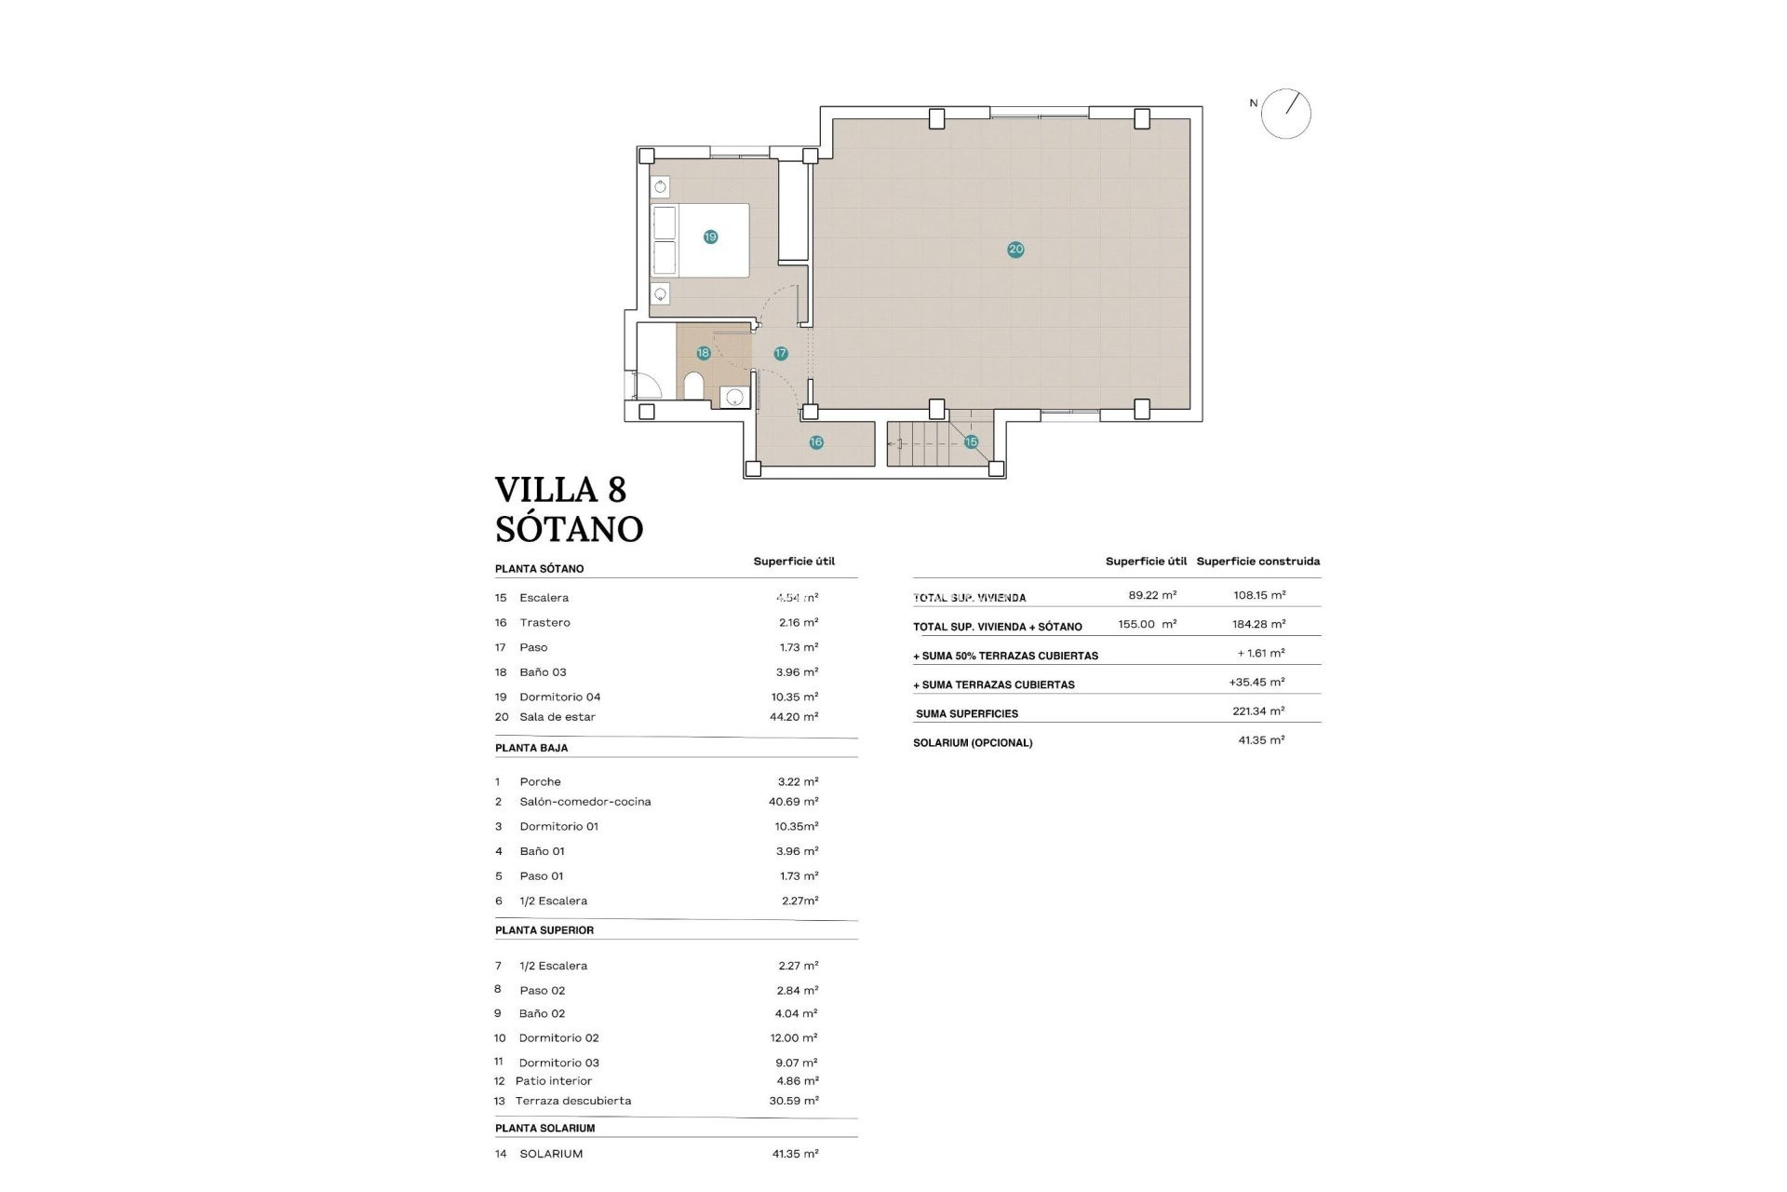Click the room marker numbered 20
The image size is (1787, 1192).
1015,249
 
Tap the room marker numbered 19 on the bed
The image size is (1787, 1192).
710,237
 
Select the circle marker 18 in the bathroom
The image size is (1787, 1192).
703,353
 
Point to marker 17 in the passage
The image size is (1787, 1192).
780,353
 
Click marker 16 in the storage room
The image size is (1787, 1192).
815,442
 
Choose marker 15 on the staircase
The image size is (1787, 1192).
971,441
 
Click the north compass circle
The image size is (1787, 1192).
1286,115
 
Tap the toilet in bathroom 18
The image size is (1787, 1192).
693,386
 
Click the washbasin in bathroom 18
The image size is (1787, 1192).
734,398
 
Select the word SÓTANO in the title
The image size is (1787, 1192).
569,529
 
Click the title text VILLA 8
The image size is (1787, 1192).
560,490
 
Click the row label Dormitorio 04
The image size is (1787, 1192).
559,697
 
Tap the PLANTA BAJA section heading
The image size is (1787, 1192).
531,748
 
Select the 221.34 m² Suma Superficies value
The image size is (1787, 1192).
1258,711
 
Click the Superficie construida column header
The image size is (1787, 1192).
1257,562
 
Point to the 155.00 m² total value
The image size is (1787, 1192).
1147,624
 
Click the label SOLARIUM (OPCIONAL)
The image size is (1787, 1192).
973,743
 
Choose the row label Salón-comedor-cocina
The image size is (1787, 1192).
584,802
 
